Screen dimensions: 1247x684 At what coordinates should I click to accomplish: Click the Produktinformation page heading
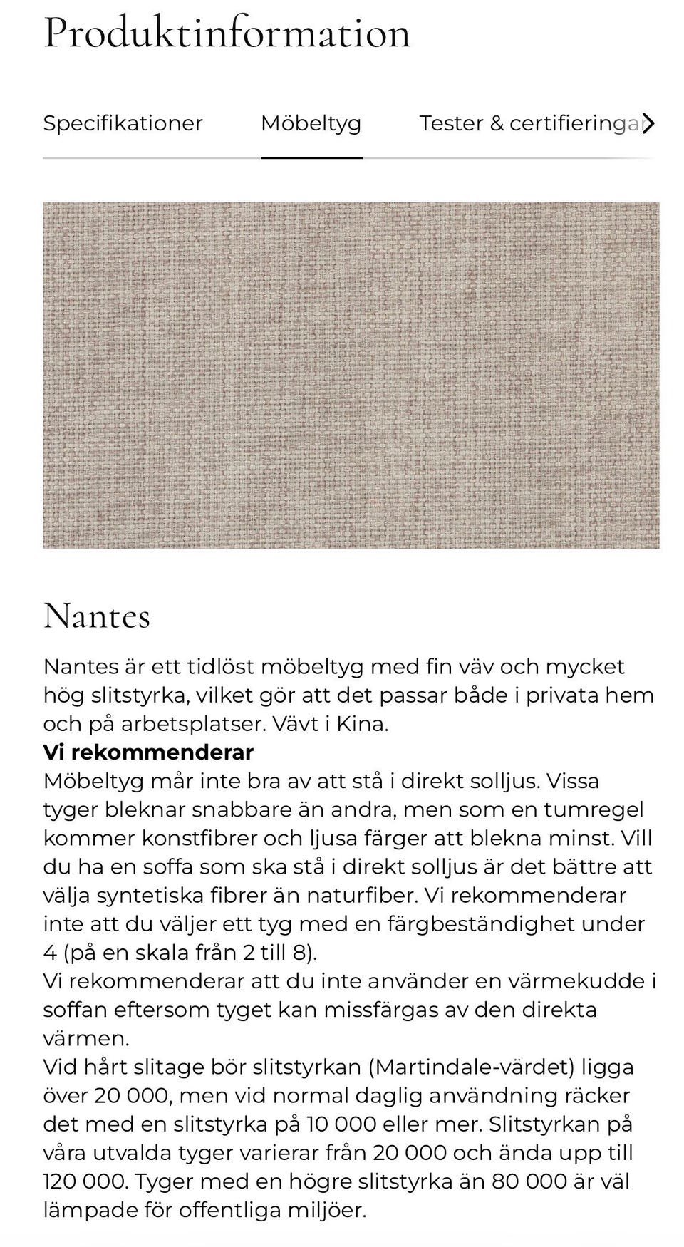tap(227, 33)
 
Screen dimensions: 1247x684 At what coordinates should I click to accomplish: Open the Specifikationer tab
tap(123, 123)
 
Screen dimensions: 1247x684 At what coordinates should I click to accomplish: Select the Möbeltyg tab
tap(311, 123)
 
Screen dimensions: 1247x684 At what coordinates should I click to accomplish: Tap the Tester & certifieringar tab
tap(529, 123)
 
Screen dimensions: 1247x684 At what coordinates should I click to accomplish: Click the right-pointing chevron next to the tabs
tap(648, 123)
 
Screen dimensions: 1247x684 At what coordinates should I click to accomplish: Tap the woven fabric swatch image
tap(351, 375)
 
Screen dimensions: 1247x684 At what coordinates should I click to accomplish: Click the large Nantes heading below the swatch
tap(97, 616)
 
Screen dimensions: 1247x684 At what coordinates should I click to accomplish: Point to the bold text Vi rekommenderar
tap(148, 752)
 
